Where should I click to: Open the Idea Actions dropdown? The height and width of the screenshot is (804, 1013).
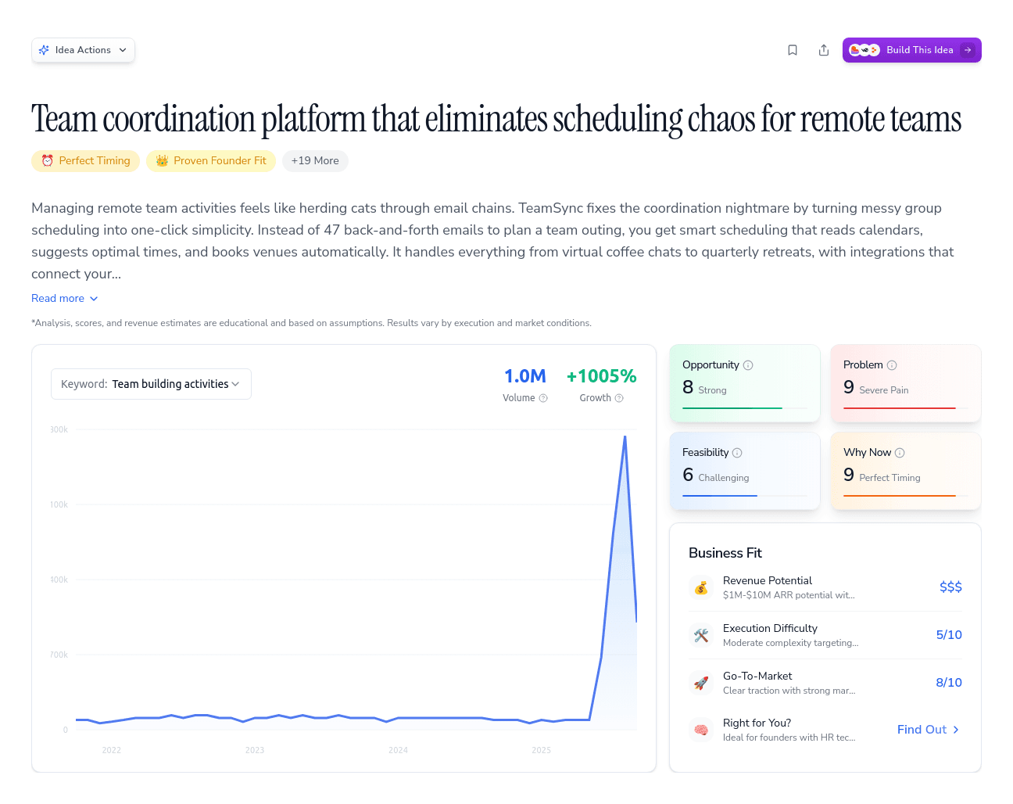(83, 50)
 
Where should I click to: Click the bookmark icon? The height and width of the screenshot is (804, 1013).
(793, 50)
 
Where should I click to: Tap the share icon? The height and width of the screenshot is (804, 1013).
(824, 50)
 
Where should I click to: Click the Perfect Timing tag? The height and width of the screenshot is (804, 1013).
(86, 161)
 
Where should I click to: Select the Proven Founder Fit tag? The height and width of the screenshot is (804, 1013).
(211, 161)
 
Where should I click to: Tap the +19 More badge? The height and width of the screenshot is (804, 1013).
(315, 161)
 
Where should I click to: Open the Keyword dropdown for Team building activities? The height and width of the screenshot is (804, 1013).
(151, 384)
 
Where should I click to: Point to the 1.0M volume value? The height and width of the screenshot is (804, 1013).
(524, 376)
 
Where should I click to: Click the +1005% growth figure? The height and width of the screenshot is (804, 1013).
(601, 376)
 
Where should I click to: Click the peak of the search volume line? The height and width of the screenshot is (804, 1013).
(625, 436)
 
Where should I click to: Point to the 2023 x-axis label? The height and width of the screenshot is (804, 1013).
(255, 750)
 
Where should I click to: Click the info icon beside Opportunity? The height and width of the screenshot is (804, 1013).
(748, 365)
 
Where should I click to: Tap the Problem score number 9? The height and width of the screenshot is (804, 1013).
(849, 387)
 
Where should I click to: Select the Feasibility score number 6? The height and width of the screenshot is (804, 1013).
(688, 475)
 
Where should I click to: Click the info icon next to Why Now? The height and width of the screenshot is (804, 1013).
(900, 453)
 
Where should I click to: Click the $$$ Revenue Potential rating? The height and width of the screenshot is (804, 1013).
(950, 587)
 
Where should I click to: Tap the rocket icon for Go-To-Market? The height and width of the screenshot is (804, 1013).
(701, 683)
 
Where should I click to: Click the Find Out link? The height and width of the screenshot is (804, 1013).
(928, 730)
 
